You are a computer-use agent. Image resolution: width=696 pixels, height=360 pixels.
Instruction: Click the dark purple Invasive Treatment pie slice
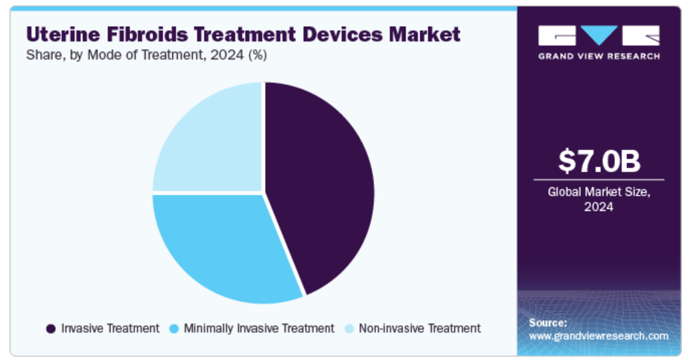pyautogui.click(x=321, y=187)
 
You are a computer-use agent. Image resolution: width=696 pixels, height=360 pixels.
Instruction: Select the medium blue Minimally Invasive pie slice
pyautogui.click(x=221, y=248)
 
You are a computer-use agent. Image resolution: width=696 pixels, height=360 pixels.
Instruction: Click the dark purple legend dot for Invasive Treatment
pyautogui.click(x=51, y=329)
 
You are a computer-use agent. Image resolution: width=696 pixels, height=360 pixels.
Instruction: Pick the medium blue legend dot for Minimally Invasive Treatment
pyautogui.click(x=174, y=329)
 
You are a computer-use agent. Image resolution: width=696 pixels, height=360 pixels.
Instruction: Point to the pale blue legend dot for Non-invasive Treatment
pyautogui.click(x=349, y=329)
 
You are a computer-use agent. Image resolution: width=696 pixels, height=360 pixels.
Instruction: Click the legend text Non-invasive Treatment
pyautogui.click(x=420, y=329)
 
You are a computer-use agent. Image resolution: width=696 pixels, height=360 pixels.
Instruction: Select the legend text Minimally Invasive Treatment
pyautogui.click(x=259, y=329)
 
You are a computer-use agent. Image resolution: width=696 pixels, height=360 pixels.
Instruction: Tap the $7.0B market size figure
pyautogui.click(x=599, y=161)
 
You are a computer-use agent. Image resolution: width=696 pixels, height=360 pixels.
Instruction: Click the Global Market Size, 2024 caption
pyautogui.click(x=599, y=199)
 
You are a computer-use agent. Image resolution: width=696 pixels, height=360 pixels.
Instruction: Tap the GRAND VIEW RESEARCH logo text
pyautogui.click(x=599, y=56)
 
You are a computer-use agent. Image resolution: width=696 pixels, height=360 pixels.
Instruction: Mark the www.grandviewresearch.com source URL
pyautogui.click(x=598, y=336)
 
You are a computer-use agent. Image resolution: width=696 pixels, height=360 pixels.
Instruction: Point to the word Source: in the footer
pyautogui.click(x=547, y=323)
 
